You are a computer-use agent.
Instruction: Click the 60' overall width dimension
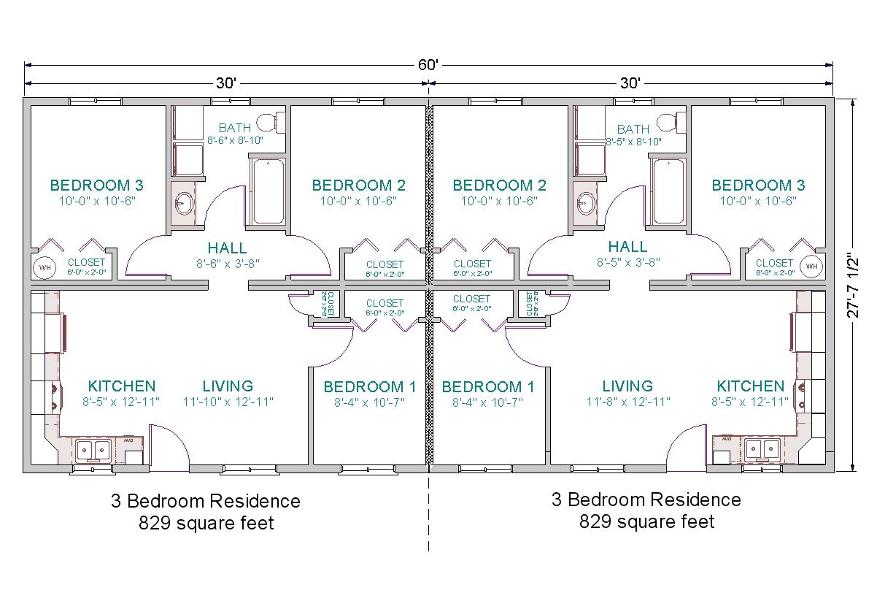[428, 64]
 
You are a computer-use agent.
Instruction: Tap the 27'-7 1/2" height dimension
[858, 286]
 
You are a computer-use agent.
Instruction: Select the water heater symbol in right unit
[811, 266]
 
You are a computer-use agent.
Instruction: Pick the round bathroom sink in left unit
[184, 202]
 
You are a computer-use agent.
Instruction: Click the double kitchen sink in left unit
[93, 450]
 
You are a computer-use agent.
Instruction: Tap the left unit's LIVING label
[228, 386]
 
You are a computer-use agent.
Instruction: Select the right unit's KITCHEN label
[750, 386]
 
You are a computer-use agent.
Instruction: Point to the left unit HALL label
[227, 248]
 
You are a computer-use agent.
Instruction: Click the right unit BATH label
[633, 129]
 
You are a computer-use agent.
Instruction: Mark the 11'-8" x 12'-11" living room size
[627, 402]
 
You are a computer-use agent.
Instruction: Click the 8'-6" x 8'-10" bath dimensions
[235, 140]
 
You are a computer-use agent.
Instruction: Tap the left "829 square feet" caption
[206, 523]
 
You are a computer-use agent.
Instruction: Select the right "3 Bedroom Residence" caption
[646, 500]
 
